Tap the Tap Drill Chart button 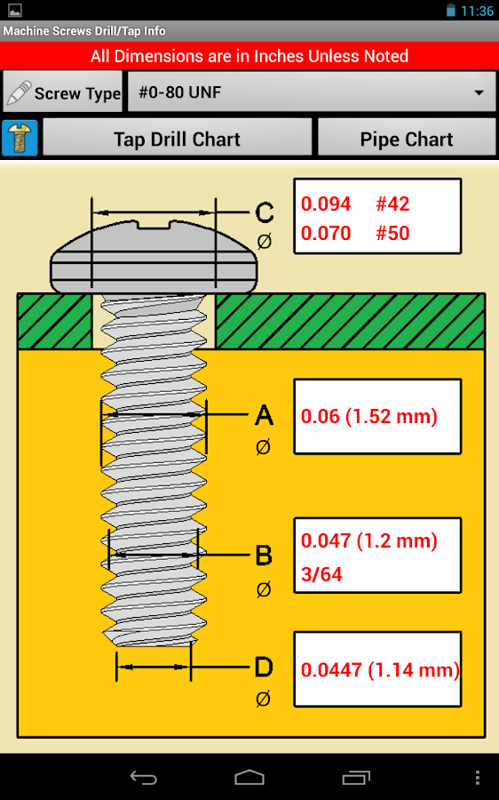177,139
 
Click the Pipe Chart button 406,139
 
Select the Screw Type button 63,92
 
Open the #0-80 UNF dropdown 311,92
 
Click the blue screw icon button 20,139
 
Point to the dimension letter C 264,213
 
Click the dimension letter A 264,415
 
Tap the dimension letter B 264,556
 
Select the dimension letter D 264,667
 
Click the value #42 392,204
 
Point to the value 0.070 326,234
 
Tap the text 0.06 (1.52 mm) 369,416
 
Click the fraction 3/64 321,574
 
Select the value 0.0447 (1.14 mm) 380,670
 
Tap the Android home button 249,778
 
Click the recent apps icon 357,778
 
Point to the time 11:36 478,11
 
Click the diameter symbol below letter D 263,700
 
